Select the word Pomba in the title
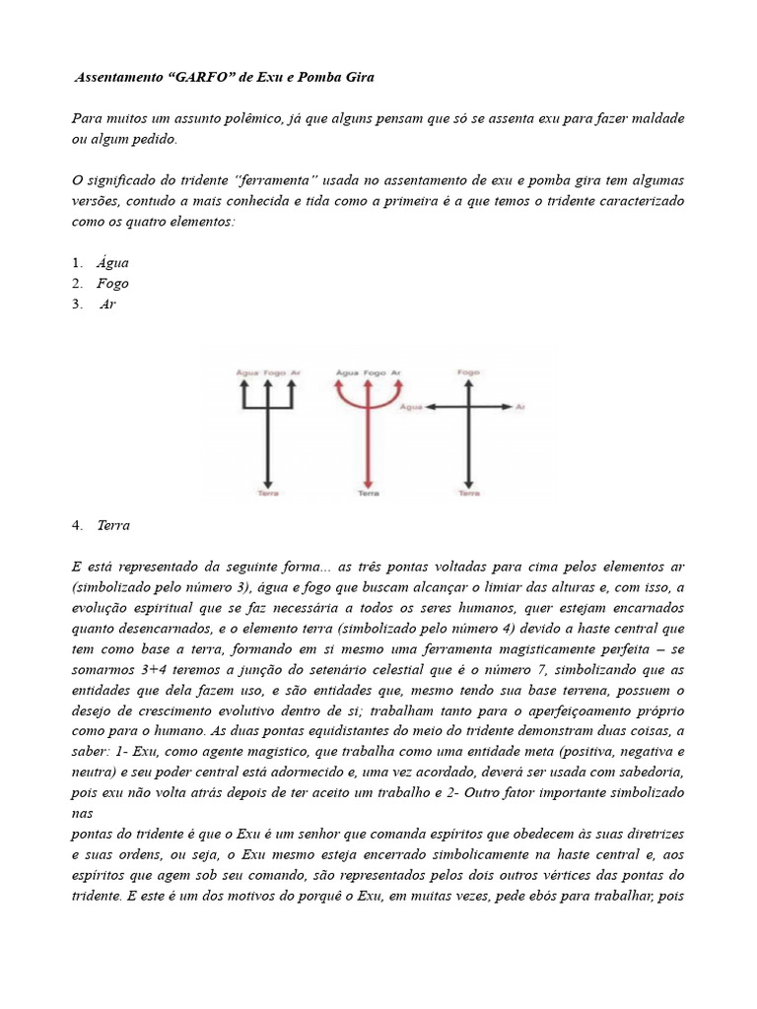pos(323,77)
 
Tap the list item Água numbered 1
pos(112,263)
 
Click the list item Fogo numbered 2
pos(112,284)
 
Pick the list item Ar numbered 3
pos(108,304)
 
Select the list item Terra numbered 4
pos(113,525)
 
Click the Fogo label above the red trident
pos(374,373)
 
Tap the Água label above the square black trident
pos(246,373)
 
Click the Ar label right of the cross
pos(520,406)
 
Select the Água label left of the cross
pos(412,406)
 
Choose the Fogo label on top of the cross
pos(468,372)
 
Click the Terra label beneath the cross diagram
pos(469,493)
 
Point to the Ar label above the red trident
pos(396,373)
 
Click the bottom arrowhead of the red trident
pos(368,482)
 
